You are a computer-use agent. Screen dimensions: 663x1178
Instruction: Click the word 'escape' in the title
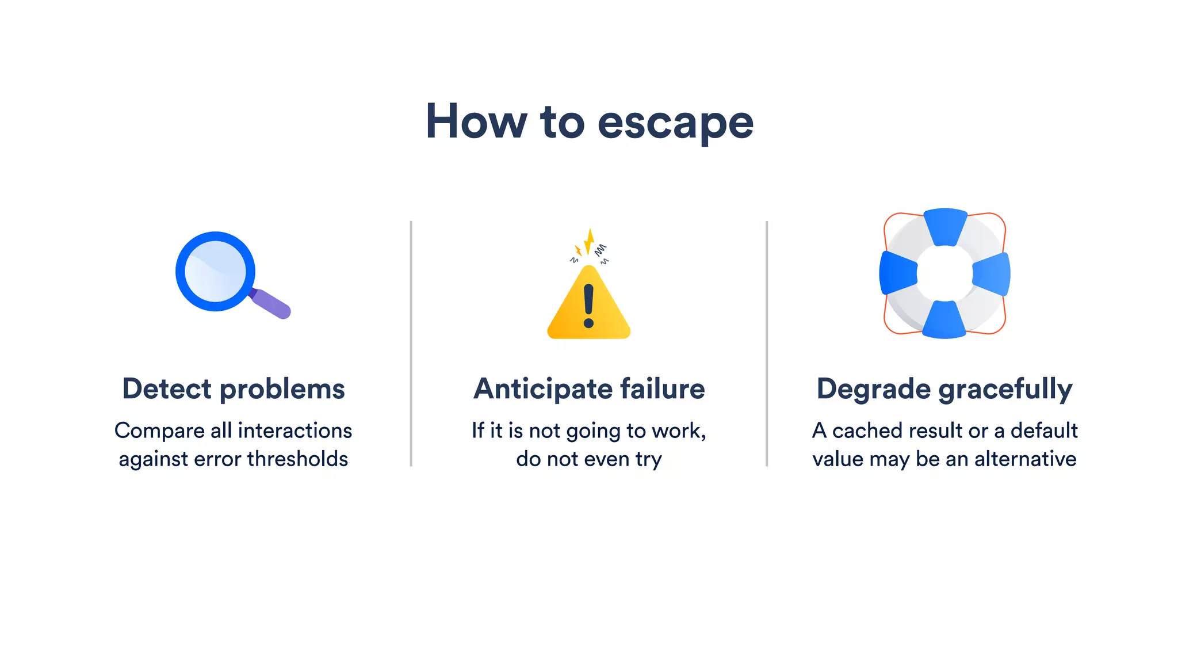pyautogui.click(x=675, y=123)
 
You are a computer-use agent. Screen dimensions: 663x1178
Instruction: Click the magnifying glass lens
pyautogui.click(x=215, y=271)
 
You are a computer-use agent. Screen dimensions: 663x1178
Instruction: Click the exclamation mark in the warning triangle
pyautogui.click(x=588, y=306)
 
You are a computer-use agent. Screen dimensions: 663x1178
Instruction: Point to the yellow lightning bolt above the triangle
pyautogui.click(x=588, y=241)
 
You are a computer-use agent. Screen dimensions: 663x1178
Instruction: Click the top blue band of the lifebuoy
pyautogui.click(x=945, y=226)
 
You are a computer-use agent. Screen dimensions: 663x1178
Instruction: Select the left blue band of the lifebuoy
pyautogui.click(x=897, y=273)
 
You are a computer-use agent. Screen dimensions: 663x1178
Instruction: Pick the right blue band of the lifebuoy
pyautogui.click(x=992, y=274)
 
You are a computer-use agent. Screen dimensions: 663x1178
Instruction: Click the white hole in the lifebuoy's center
pyautogui.click(x=944, y=273)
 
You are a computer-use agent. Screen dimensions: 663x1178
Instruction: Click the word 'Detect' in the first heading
pyautogui.click(x=167, y=389)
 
